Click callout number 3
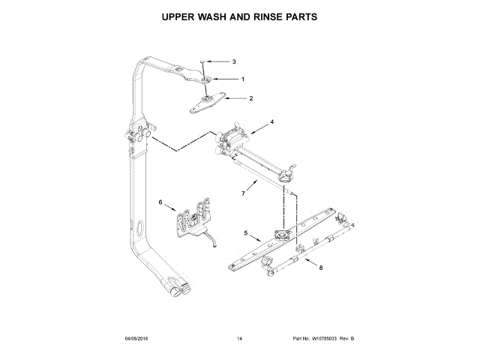[x=233, y=61]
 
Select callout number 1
[x=242, y=79]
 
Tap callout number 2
[x=250, y=98]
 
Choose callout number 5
[x=246, y=234]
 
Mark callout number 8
[x=321, y=267]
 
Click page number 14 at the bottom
[x=239, y=340]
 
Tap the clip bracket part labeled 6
[x=193, y=218]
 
